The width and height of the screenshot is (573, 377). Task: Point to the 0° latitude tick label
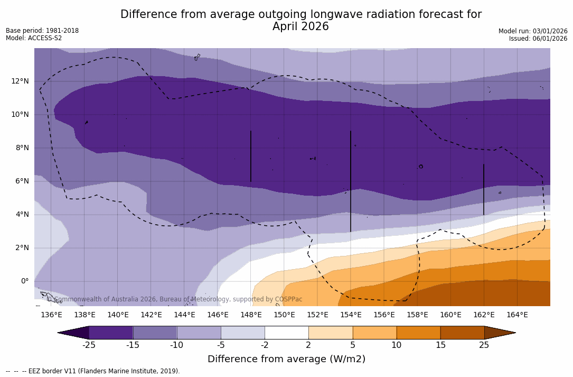pos(25,281)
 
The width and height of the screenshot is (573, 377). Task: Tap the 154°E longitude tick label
pos(351,315)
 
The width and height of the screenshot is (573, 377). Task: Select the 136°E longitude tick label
pos(51,315)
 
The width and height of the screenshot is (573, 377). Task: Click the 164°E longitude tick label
pos(517,315)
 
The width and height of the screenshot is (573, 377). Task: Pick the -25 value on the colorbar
pos(89,345)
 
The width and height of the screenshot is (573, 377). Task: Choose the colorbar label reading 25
pos(484,345)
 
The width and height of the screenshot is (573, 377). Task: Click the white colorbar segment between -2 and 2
pos(286,333)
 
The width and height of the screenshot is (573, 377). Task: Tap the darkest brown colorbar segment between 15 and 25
pos(462,333)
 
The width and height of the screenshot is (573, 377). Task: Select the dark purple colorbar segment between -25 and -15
pos(111,333)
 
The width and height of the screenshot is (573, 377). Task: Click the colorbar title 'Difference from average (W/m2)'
pos(286,360)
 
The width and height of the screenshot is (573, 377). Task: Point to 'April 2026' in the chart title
pos(300,27)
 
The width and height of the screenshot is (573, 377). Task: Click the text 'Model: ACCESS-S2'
pos(34,38)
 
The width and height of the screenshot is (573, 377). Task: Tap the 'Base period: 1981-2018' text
pos(42,31)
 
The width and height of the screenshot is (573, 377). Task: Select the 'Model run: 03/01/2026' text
pos(533,31)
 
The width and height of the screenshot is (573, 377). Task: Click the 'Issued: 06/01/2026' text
pos(538,39)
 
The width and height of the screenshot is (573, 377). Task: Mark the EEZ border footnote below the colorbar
pos(92,371)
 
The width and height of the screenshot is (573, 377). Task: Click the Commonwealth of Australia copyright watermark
pos(175,299)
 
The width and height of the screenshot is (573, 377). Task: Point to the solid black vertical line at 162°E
pos(484,189)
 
